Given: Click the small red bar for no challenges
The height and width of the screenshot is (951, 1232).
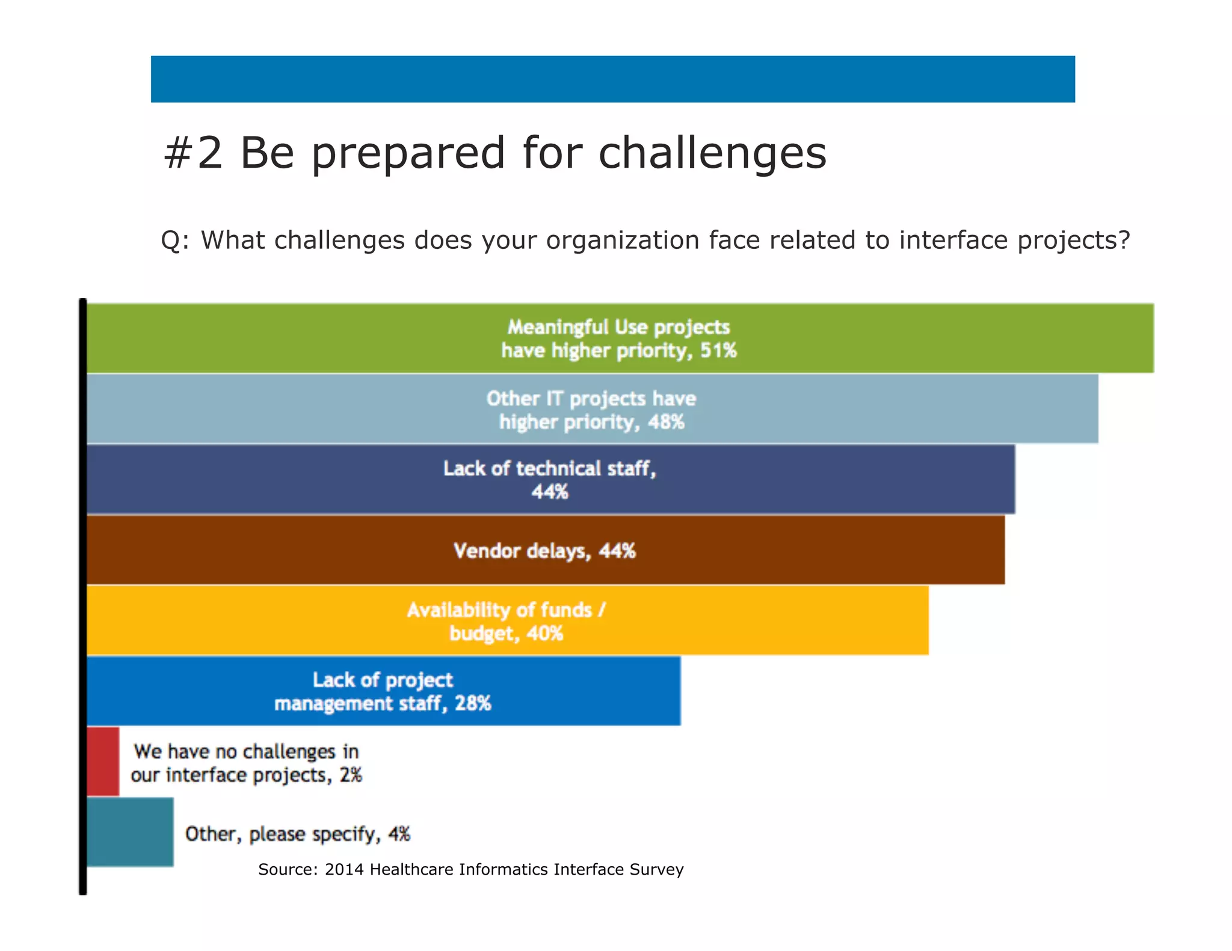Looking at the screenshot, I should [x=103, y=761].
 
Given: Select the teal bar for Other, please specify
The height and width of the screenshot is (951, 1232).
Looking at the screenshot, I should [x=130, y=832].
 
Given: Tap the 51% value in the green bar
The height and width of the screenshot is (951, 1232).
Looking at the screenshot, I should [x=718, y=350].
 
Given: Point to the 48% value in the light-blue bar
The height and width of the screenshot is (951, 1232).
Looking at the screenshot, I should [x=667, y=422].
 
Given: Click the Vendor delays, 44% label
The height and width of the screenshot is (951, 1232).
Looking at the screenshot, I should [x=544, y=551].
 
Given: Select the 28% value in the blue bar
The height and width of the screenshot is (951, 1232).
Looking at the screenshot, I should [x=473, y=703].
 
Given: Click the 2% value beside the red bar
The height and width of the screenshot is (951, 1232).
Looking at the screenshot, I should [x=351, y=775].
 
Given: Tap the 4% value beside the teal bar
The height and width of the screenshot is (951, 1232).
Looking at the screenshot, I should [x=399, y=834].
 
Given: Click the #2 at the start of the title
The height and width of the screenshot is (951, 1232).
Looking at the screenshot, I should [x=192, y=153].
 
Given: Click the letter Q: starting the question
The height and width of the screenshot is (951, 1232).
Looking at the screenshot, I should [x=174, y=240].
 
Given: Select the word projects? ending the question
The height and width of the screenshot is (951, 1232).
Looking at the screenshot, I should [x=1074, y=240].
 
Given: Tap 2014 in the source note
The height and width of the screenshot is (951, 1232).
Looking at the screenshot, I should [x=344, y=869].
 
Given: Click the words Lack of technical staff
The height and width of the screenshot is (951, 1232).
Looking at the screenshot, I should [x=549, y=468].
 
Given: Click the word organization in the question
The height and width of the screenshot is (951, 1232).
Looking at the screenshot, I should [x=623, y=240].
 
